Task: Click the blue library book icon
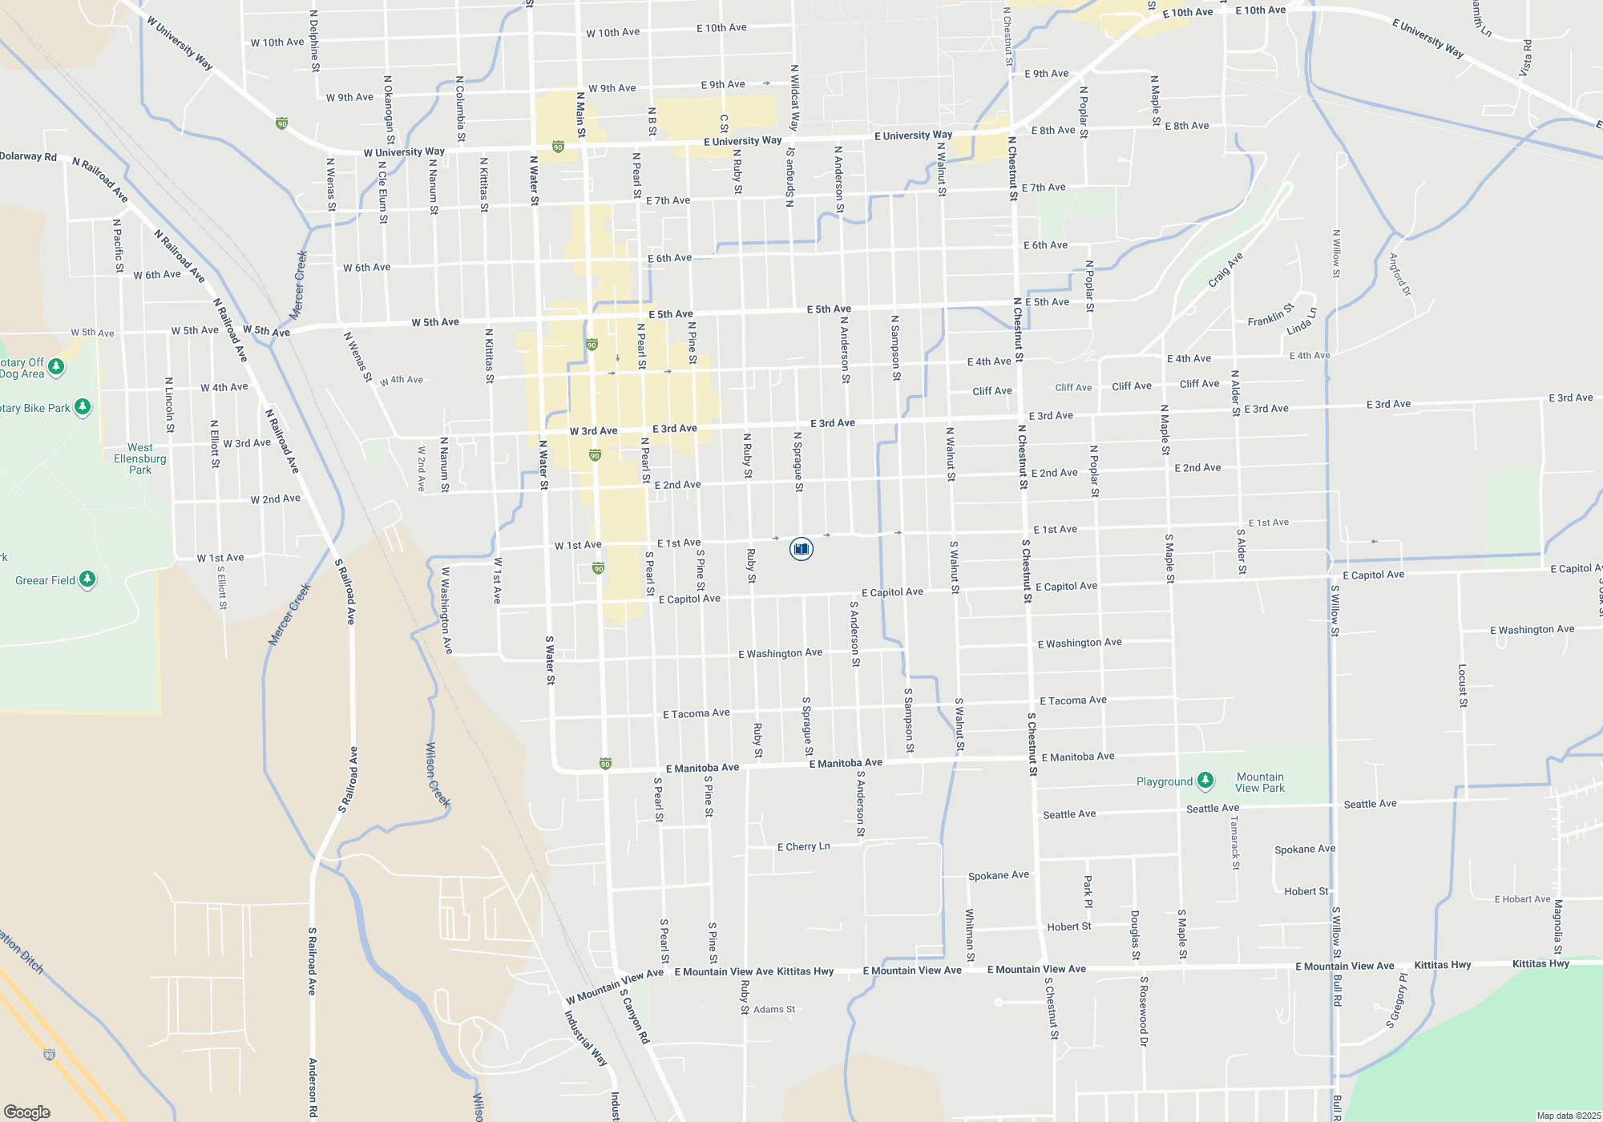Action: pyautogui.click(x=801, y=549)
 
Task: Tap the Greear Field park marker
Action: pyautogui.click(x=87, y=579)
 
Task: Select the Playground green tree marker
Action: pyautogui.click(x=1205, y=781)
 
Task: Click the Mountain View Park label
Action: pyautogui.click(x=1260, y=782)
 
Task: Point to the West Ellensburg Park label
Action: pyautogui.click(x=140, y=458)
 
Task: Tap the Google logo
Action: pyautogui.click(x=27, y=1112)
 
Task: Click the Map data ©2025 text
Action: pyautogui.click(x=1569, y=1116)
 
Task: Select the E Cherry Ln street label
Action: pyautogui.click(x=803, y=846)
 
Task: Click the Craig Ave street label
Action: pyautogui.click(x=1225, y=270)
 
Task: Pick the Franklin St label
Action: pyautogui.click(x=1270, y=314)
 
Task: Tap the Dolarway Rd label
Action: pyautogui.click(x=29, y=156)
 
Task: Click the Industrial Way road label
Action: pyautogui.click(x=585, y=1038)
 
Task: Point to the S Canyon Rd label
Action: pyautogui.click(x=634, y=1015)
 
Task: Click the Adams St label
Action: pyautogui.click(x=774, y=1009)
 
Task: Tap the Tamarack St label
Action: pyautogui.click(x=1235, y=842)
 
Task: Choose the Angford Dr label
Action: pyautogui.click(x=1399, y=274)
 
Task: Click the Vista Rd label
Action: pyautogui.click(x=1526, y=58)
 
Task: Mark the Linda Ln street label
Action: pyautogui.click(x=1301, y=322)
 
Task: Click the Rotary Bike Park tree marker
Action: pyautogui.click(x=83, y=407)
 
